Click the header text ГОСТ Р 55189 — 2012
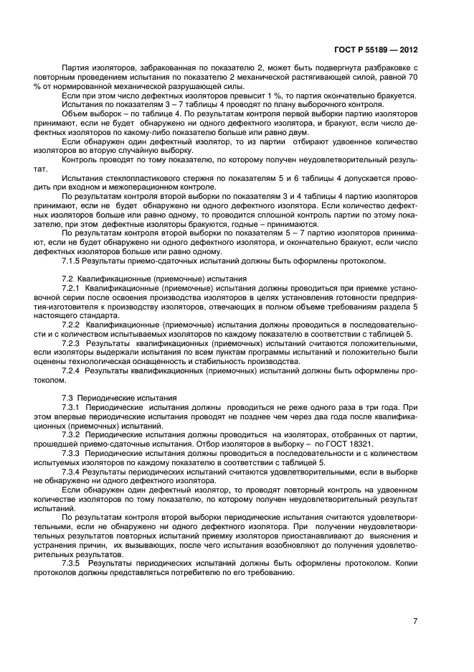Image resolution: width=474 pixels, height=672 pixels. [376, 51]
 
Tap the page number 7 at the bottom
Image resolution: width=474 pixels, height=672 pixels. [415, 621]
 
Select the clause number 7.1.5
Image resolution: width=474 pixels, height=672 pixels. [72, 261]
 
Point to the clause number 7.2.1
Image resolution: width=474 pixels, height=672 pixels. [72, 286]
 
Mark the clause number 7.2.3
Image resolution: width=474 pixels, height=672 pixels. [72, 344]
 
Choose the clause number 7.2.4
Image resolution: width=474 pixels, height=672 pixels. [72, 371]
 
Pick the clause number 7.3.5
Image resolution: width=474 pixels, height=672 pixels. [72, 564]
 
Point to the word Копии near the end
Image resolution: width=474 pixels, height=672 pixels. [403, 564]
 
